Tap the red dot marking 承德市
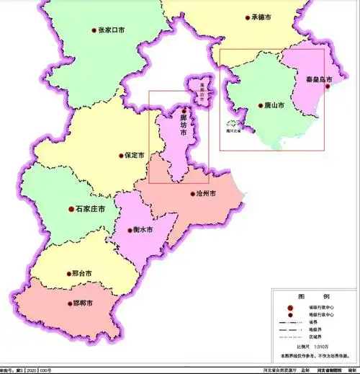[247, 17]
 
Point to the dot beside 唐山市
[261, 105]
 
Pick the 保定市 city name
[135, 155]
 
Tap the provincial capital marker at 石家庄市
[71, 209]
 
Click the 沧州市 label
[206, 194]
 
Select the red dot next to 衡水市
[130, 230]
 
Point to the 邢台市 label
[83, 274]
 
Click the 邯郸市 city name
[84, 303]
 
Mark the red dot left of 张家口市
[94, 30]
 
